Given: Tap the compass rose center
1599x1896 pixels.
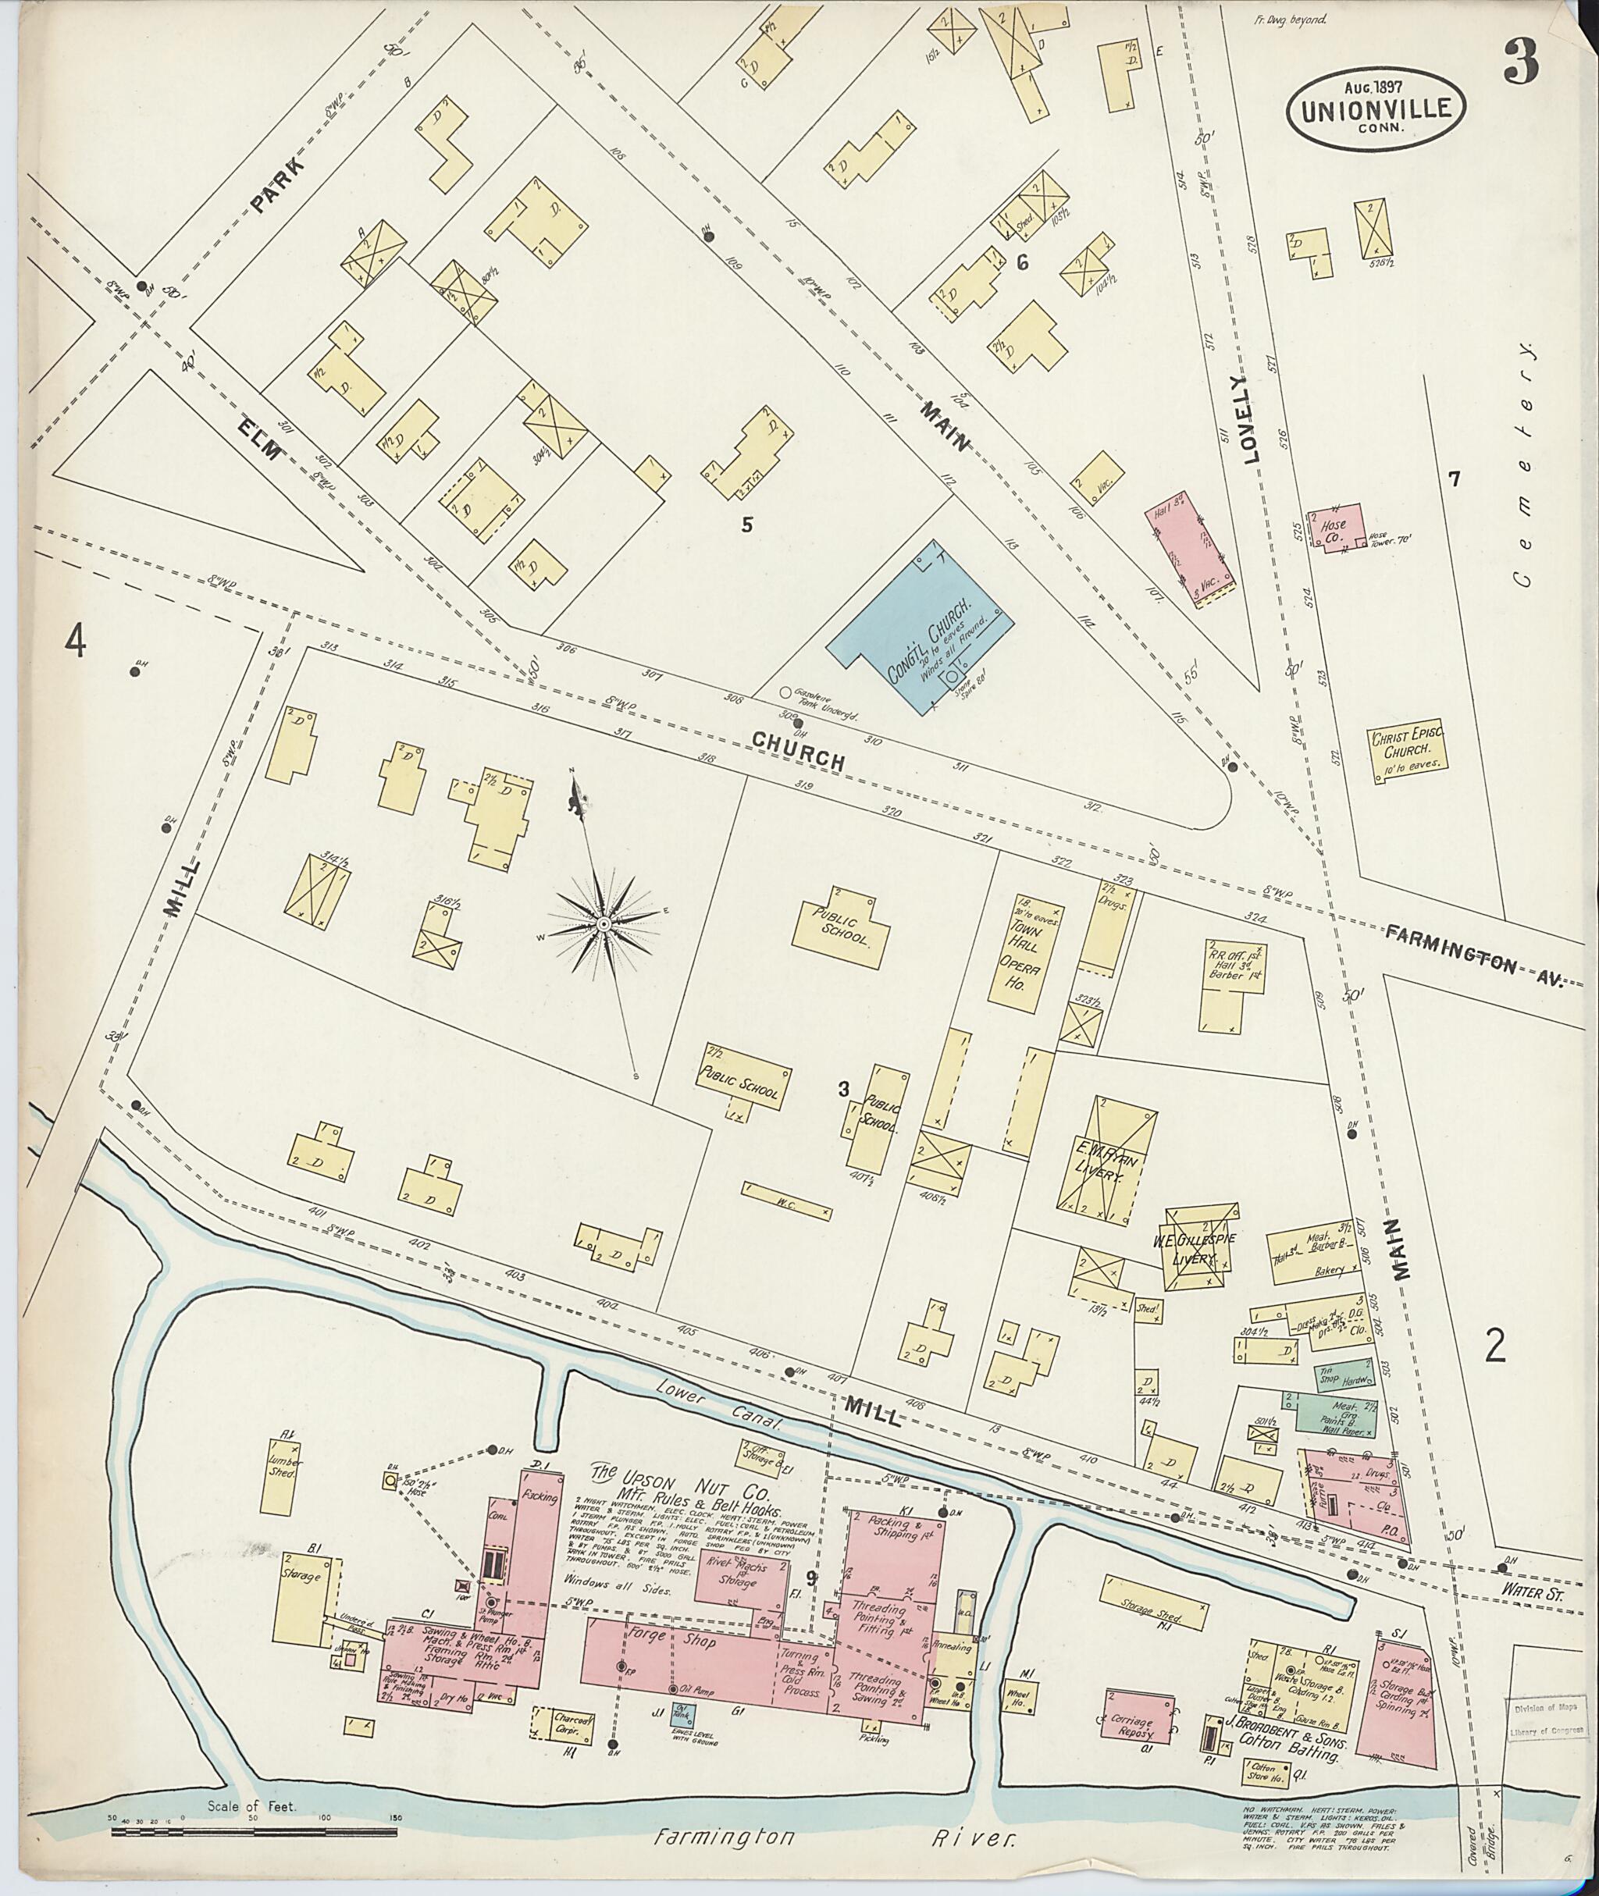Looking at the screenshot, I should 602,923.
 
